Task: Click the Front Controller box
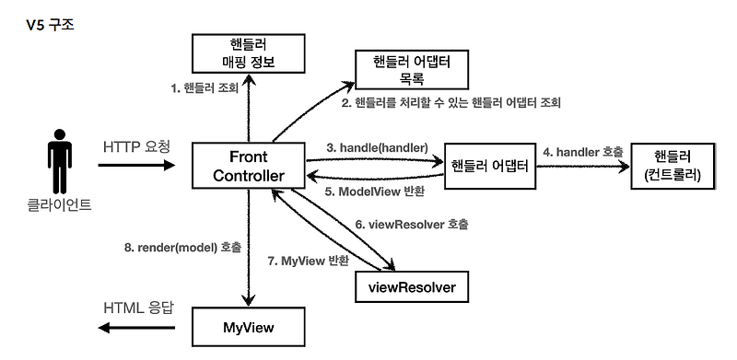coord(247,168)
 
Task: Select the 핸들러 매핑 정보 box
coord(247,52)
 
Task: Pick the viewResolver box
coord(411,287)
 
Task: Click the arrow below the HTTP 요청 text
coord(135,167)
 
